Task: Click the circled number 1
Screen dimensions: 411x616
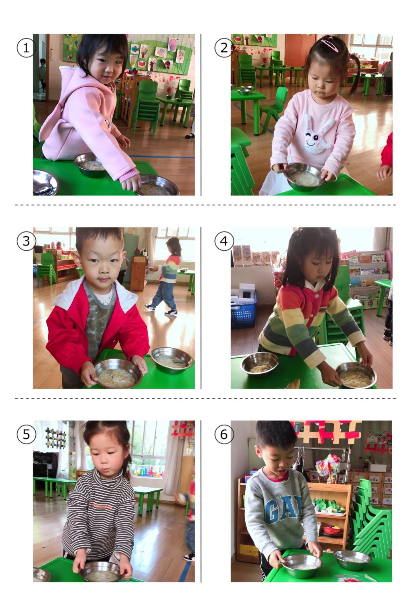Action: coord(26,48)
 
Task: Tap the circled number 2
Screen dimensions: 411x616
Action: coord(224,48)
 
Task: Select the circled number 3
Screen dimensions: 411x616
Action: coord(26,241)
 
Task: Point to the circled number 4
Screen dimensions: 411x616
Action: coord(224,241)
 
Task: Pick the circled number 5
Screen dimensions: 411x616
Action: coord(26,434)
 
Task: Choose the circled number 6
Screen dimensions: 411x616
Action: coord(224,434)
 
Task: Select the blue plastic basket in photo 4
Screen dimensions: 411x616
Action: coord(243,311)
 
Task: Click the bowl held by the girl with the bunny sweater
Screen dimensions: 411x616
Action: coord(305,176)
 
